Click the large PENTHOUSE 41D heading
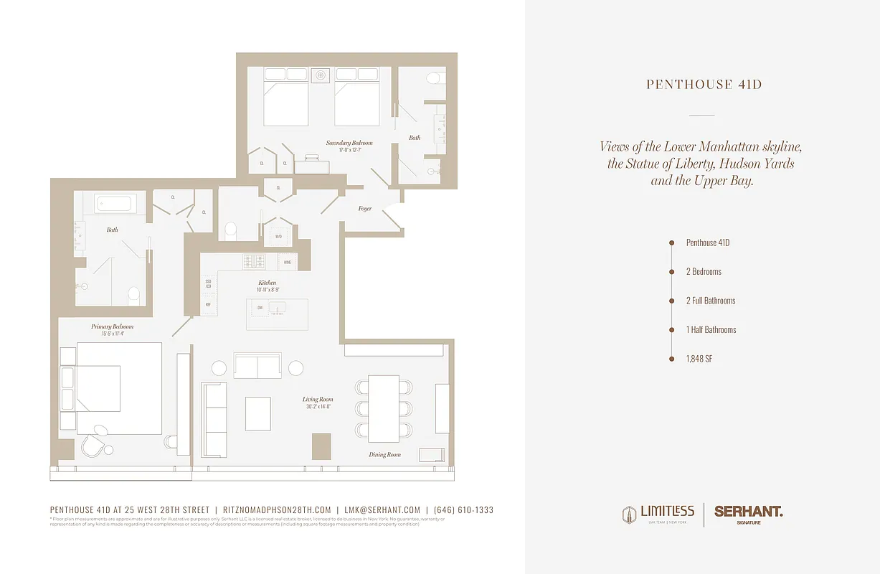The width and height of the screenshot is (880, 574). [704, 85]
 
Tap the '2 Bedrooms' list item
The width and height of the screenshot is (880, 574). [704, 272]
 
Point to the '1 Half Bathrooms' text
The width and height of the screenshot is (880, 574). [711, 330]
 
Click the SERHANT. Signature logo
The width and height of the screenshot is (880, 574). [748, 514]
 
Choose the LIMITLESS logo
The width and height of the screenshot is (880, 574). [658, 514]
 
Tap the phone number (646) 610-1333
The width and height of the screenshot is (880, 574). [463, 510]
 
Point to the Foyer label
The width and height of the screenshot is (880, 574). [365, 209]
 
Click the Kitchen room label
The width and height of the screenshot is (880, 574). [267, 283]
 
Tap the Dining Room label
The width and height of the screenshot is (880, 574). [385, 455]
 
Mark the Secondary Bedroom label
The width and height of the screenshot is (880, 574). [349, 143]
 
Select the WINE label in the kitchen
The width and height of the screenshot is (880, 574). [288, 263]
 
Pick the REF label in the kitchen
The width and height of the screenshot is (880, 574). [208, 304]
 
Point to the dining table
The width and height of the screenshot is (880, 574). [384, 408]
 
